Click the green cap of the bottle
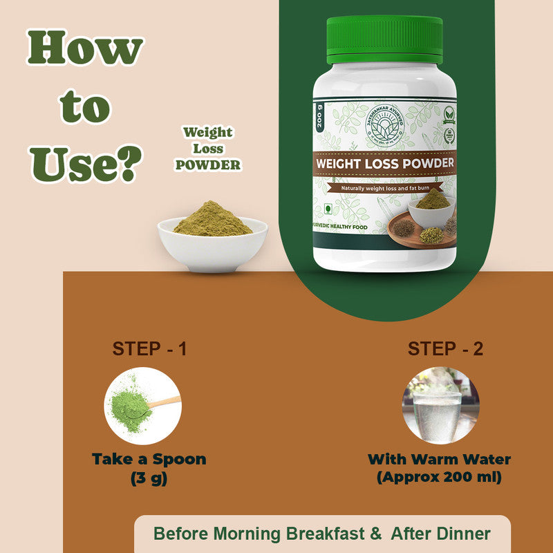(x=384, y=39)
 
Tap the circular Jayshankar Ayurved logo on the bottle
(x=384, y=127)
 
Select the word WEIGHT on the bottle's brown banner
(x=344, y=164)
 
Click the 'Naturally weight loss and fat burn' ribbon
(x=384, y=188)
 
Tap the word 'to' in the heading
(x=85, y=107)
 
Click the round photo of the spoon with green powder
(x=143, y=406)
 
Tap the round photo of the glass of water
(x=432, y=406)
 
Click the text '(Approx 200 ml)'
(x=440, y=478)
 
